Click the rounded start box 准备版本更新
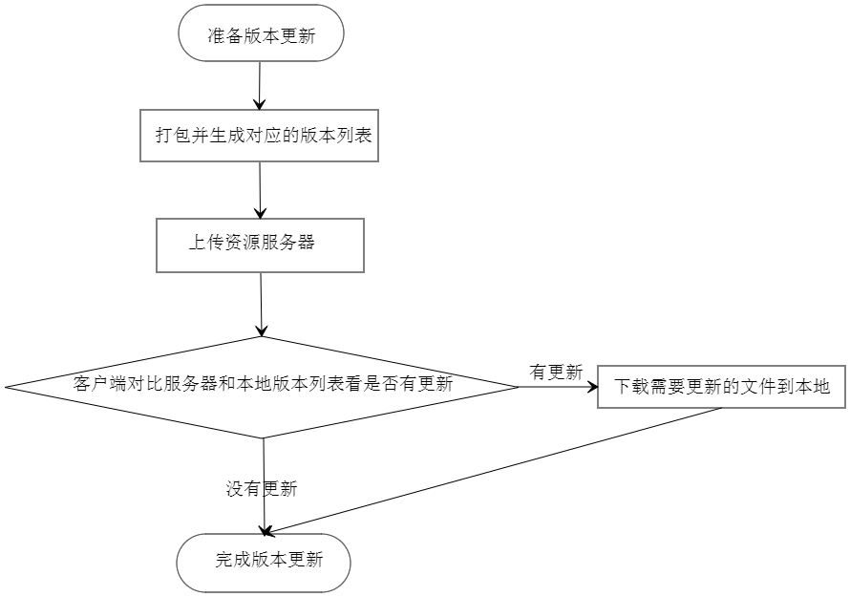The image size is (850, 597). (261, 33)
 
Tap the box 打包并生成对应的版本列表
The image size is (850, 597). (259, 137)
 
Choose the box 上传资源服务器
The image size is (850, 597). (260, 245)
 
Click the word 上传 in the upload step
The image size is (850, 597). (205, 243)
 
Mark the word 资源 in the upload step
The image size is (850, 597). (242, 243)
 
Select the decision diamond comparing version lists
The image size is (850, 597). (261, 387)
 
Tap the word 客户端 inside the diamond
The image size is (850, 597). (100, 385)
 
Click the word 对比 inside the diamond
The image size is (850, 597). (147, 385)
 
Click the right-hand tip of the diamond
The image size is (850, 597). (513, 387)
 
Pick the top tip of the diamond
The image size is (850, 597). (261, 339)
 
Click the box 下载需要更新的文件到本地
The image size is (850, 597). (722, 387)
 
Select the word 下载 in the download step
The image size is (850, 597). (630, 388)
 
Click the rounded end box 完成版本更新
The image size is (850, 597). (264, 563)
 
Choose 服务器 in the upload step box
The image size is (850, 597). (287, 243)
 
